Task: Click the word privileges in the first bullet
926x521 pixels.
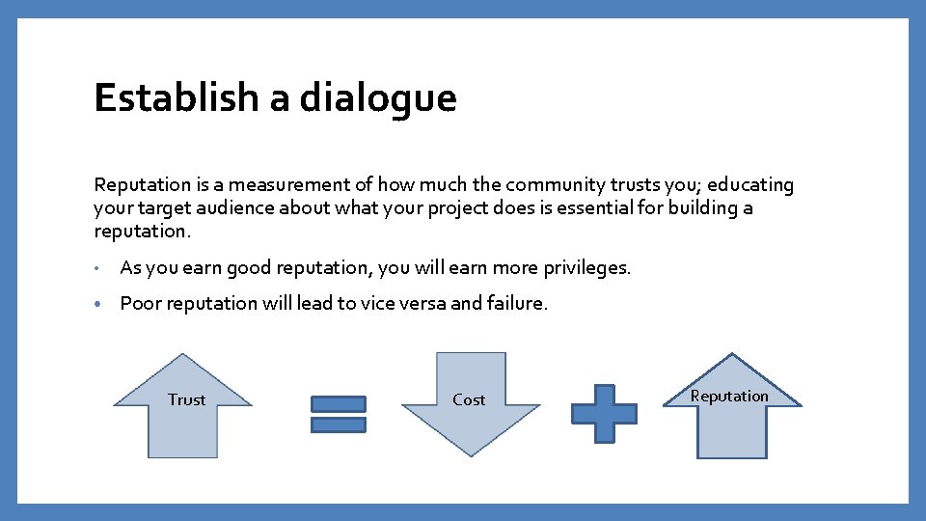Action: (585, 267)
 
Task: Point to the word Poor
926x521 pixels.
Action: (141, 303)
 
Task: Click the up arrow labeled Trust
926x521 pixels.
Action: (183, 410)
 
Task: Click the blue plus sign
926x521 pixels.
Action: (604, 414)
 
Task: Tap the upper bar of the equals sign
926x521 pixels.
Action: (338, 403)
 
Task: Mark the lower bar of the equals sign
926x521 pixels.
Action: (338, 425)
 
